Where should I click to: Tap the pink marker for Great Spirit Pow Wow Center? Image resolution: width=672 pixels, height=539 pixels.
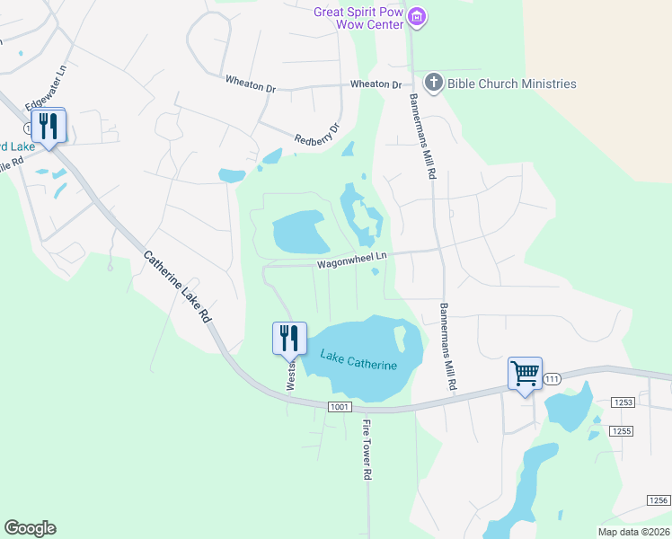tap(416, 16)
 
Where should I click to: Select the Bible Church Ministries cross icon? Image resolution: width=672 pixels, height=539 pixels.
tap(434, 84)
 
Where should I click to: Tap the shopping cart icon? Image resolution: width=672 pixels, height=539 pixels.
tap(525, 372)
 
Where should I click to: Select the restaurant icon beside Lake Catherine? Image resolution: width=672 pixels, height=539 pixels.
tap(289, 338)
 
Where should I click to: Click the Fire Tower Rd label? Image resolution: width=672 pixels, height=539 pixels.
tap(367, 448)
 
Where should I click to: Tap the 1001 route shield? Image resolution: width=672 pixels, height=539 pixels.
tap(339, 407)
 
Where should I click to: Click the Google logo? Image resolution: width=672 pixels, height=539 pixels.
tap(30, 528)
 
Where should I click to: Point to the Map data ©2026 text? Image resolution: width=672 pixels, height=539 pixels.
tap(632, 531)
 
